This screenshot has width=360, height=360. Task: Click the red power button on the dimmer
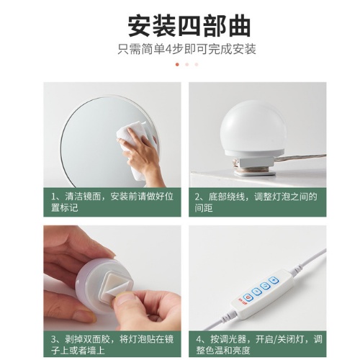248,298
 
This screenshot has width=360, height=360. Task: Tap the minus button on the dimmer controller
256,292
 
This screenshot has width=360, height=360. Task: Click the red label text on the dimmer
241,300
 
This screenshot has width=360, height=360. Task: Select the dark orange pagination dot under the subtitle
177,64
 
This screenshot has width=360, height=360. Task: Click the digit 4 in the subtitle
169,49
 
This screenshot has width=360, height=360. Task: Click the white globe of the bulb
253,127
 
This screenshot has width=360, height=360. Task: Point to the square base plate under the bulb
254,172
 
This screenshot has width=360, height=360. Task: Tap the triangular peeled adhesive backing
117,290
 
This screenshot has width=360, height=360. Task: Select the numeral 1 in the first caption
54,197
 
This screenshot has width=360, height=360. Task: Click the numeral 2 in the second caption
197,197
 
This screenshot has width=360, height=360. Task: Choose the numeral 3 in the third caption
54,339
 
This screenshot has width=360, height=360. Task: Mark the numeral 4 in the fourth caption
199,339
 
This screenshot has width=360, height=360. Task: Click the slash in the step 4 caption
275,339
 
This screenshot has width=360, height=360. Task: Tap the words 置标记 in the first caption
65,207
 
